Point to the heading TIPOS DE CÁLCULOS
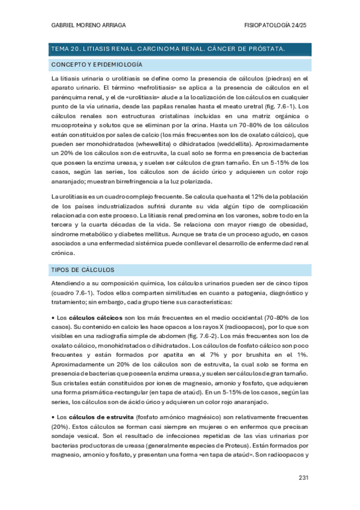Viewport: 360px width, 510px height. (84, 269)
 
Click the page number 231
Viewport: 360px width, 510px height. (304, 478)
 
